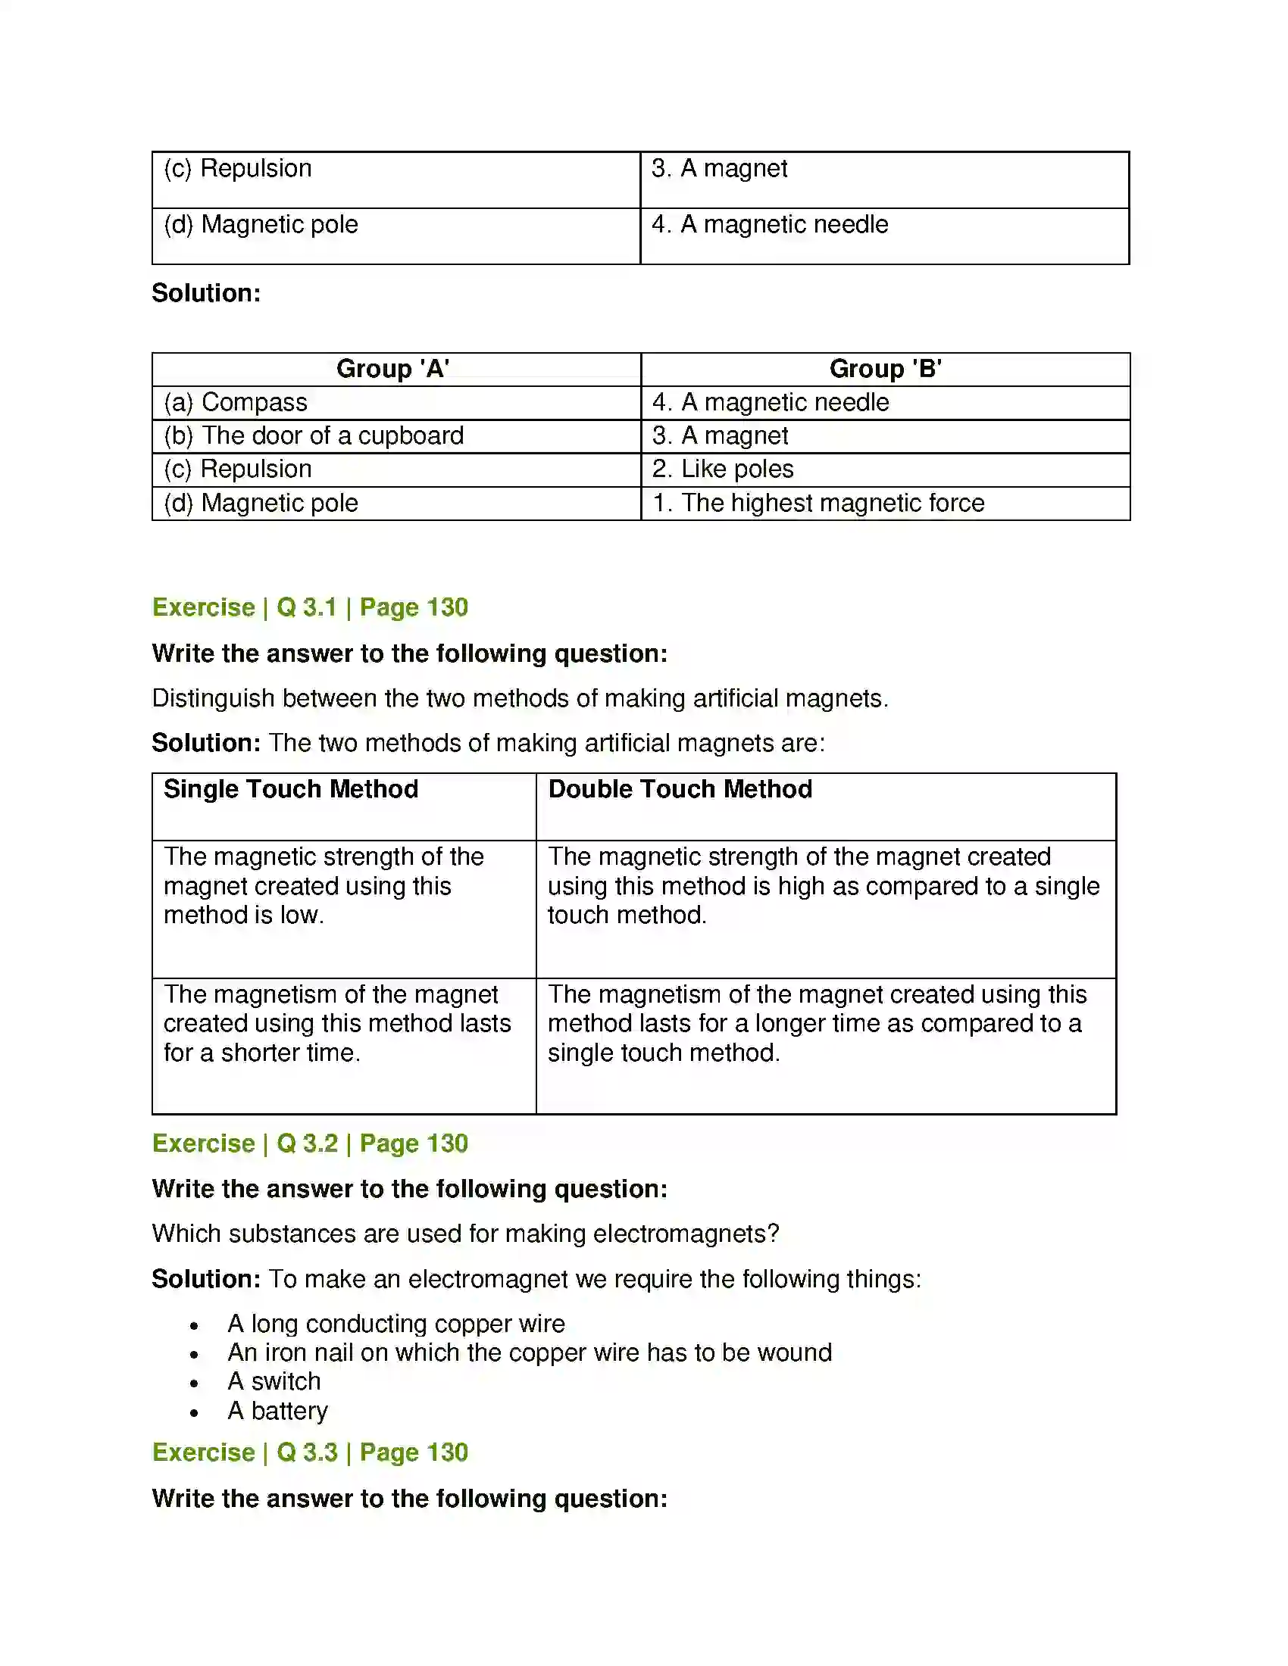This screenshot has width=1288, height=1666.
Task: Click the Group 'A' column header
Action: [392, 370]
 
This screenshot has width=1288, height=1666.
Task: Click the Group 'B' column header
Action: [885, 370]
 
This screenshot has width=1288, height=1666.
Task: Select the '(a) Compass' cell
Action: [236, 403]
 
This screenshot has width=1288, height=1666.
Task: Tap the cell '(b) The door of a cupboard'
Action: [314, 435]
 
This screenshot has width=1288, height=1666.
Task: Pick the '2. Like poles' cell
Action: [723, 470]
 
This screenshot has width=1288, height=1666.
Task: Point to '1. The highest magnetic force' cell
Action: [818, 504]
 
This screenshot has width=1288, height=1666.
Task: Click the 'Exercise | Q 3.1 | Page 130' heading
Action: [310, 607]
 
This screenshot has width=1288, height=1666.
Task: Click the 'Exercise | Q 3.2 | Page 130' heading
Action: [310, 1143]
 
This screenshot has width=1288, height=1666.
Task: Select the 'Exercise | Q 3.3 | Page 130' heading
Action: [310, 1452]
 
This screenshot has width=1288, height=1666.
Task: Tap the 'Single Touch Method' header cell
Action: [291, 790]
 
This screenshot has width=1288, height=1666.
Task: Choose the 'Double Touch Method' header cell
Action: [680, 790]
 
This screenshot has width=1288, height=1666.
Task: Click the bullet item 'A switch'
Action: [274, 1381]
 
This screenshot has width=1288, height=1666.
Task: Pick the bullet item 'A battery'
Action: [278, 1412]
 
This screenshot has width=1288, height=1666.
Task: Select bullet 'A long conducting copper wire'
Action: [396, 1324]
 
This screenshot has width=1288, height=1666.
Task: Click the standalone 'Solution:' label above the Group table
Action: [206, 293]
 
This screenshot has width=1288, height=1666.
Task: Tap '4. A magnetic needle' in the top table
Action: [770, 225]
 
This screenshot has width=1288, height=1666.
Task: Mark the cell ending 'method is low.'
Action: [323, 887]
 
